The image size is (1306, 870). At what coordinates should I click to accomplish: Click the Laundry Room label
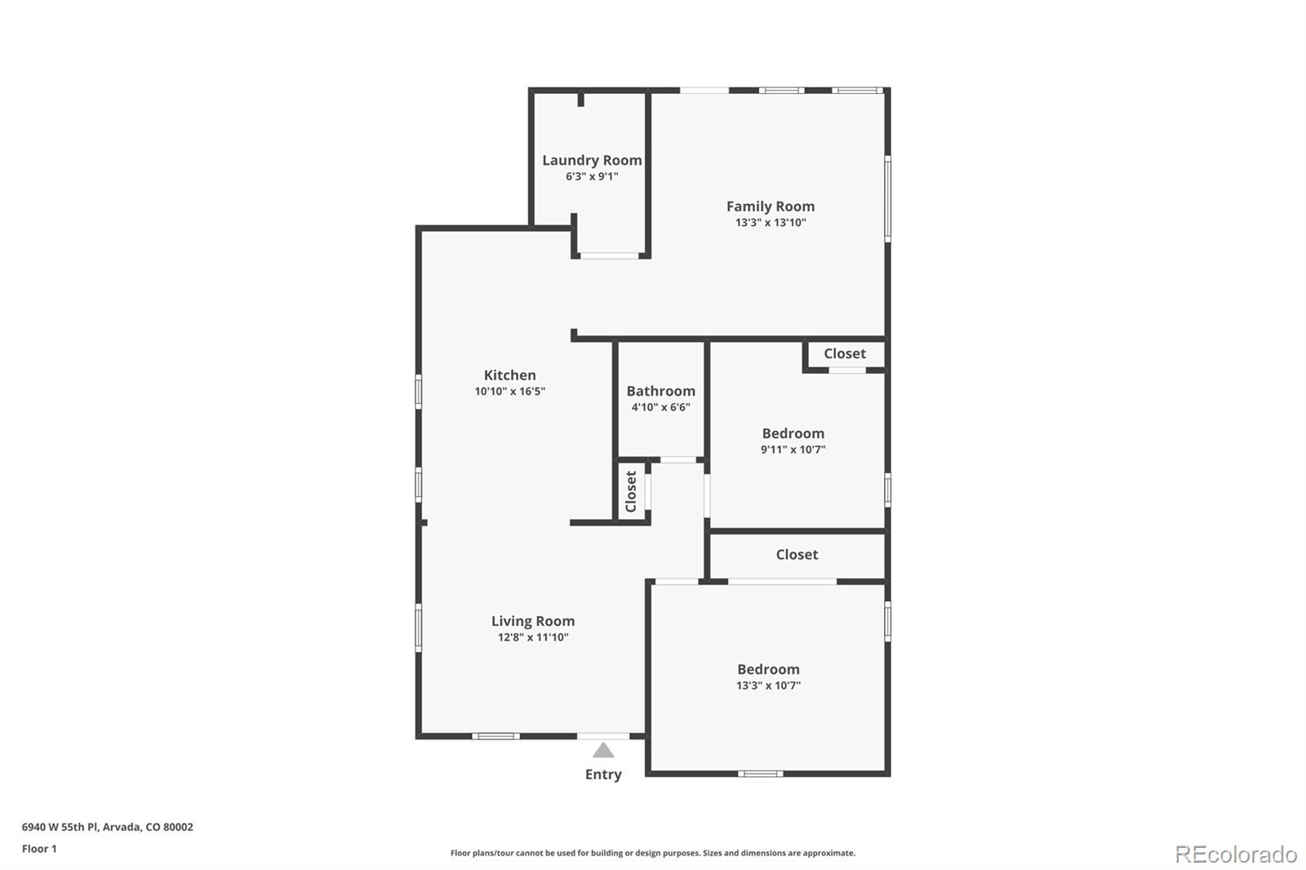point(592,160)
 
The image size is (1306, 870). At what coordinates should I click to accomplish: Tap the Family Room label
point(771,206)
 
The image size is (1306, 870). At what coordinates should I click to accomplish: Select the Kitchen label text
point(509,375)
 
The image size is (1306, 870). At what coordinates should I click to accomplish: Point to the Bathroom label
point(660,391)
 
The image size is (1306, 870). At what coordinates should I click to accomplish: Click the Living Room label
point(533,622)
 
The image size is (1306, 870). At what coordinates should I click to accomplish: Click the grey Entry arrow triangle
point(603,750)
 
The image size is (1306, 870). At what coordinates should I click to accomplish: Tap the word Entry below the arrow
point(603,775)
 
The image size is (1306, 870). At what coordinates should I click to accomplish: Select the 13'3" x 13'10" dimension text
point(771,222)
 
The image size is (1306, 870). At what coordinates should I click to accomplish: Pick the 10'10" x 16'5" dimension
point(509,391)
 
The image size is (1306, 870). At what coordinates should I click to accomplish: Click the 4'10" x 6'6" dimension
point(660,407)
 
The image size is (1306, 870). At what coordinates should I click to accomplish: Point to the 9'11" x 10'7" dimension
point(793,450)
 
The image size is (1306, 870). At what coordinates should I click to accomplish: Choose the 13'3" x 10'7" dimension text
point(768,686)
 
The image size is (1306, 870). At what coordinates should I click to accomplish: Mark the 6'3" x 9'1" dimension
point(592,176)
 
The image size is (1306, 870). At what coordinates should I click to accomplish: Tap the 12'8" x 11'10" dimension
point(533,637)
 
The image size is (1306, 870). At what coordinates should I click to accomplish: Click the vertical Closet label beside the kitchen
point(631,491)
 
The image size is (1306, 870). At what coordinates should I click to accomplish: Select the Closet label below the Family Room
point(845,353)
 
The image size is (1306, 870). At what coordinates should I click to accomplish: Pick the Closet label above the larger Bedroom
point(797,554)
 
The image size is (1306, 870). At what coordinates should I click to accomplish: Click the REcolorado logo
point(1236,854)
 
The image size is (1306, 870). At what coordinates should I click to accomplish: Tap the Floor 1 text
point(39,849)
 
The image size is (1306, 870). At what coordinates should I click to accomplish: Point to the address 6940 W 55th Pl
point(60,827)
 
